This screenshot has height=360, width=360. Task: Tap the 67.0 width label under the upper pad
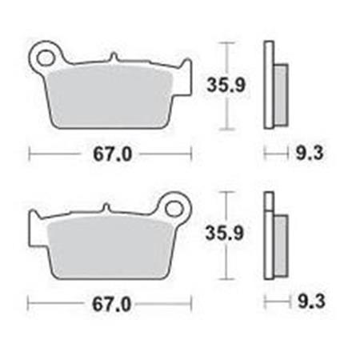pos(113,154)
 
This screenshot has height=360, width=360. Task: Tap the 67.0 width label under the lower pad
pos(111,305)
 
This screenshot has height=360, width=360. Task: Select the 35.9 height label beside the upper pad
pos(226,85)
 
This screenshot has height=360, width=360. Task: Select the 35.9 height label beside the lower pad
pos(225,233)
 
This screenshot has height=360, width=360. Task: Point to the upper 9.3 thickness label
pos(310,154)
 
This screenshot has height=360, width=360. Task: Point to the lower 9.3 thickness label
pos(311,302)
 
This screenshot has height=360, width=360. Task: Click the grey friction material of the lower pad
pos(110,246)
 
